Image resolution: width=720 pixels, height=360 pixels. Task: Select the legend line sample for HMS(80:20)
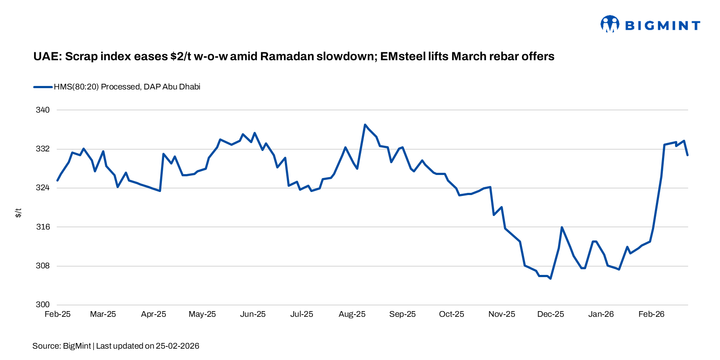(43, 87)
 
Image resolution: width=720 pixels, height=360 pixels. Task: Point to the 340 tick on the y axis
(43, 110)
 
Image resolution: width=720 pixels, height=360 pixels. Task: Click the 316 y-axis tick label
(43, 227)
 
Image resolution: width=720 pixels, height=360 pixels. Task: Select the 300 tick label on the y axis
(43, 305)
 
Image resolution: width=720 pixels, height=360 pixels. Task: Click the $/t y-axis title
(18, 213)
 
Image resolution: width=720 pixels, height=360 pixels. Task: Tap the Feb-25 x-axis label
(58, 314)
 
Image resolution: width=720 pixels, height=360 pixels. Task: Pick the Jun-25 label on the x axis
(253, 314)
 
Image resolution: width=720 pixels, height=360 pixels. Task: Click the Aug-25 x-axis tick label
(352, 314)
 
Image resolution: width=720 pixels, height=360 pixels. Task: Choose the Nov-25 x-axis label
(501, 314)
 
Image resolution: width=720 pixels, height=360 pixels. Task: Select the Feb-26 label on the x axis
(651, 314)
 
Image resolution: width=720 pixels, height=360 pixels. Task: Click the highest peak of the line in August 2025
(365, 125)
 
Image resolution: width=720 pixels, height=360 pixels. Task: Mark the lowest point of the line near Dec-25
(551, 278)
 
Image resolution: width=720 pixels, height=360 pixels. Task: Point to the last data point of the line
(688, 155)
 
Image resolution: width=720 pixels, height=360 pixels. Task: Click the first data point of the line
(58, 180)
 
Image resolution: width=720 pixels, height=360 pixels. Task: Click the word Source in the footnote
(46, 346)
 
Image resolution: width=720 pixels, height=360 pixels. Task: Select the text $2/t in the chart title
(181, 57)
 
